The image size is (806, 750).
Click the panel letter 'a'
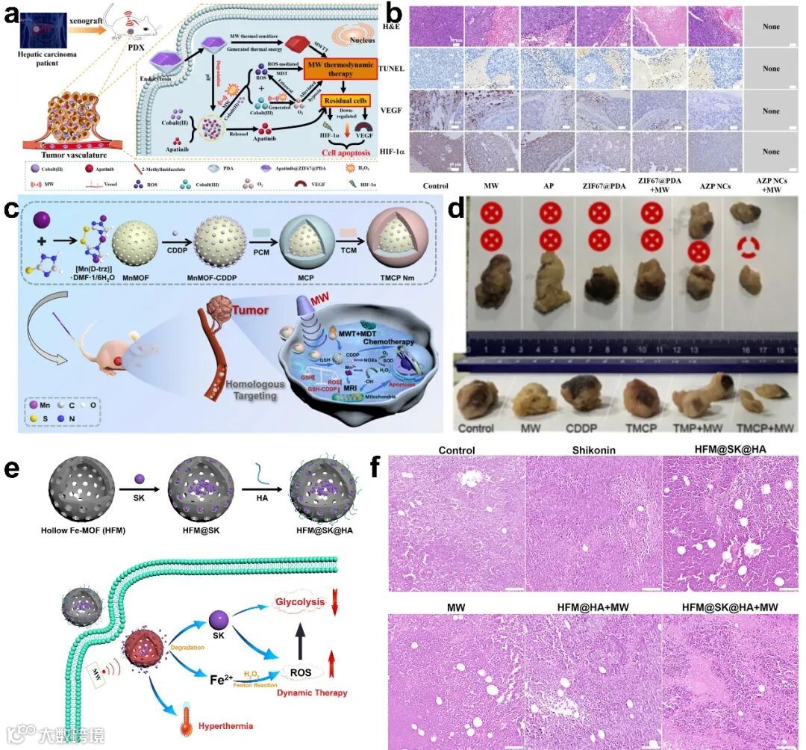[12, 15]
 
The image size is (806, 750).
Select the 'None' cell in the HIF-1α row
[771, 152]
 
